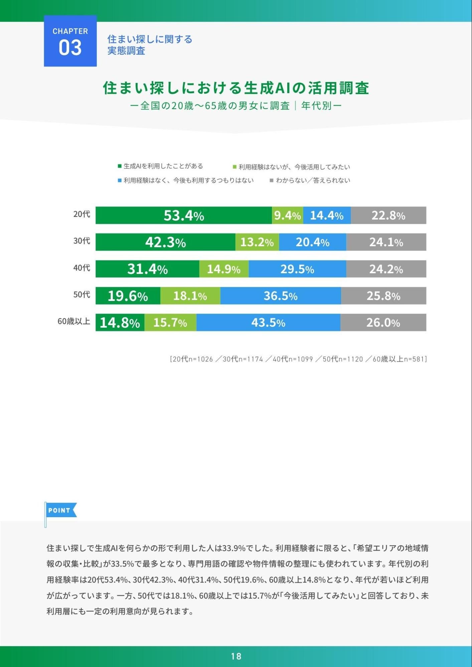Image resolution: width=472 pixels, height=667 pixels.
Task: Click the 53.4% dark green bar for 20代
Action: (184, 215)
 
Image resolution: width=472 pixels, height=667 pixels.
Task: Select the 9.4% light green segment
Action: (288, 215)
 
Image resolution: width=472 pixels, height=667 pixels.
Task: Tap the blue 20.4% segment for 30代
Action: (313, 242)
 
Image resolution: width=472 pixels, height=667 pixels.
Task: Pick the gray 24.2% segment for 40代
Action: (386, 269)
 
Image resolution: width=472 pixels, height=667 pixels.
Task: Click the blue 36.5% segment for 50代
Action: (281, 296)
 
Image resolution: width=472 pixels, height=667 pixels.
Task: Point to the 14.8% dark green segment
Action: (120, 322)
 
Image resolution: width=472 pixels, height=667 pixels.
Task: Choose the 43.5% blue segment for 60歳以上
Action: (268, 322)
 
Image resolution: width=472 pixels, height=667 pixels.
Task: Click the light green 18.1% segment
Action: (190, 296)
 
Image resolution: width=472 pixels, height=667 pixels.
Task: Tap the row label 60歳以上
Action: (74, 321)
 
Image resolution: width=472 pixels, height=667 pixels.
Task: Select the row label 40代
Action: (82, 268)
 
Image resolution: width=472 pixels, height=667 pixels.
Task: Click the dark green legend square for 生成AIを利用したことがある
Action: (120, 166)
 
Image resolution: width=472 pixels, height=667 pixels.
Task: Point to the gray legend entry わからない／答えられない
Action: (310, 181)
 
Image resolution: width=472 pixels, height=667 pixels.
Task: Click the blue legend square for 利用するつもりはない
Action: (120, 181)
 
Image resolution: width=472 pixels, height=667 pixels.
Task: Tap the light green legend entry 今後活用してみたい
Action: (292, 167)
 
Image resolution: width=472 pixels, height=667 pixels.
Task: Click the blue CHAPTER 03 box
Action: (70, 41)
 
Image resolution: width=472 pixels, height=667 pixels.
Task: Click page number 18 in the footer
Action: (236, 656)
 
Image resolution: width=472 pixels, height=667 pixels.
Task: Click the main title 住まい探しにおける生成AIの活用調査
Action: (236, 88)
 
